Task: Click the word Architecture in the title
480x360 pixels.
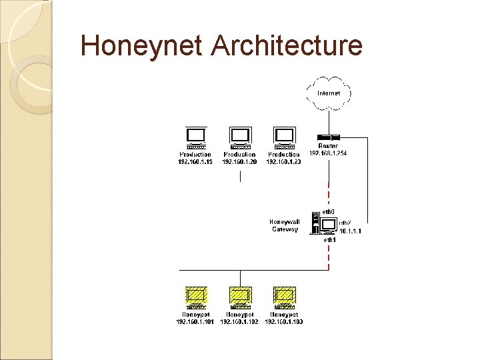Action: [286, 46]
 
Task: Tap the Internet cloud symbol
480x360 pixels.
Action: [329, 93]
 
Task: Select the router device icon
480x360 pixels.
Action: [328, 137]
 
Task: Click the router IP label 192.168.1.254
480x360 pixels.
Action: [328, 153]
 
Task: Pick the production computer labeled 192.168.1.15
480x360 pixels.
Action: [195, 137]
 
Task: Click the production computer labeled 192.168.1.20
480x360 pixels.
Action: [239, 137]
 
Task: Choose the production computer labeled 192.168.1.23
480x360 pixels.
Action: [284, 137]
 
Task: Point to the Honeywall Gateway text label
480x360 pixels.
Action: [285, 225]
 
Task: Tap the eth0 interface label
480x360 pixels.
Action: [329, 212]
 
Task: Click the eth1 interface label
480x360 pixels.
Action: [329, 239]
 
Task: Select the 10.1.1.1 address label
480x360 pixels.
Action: [351, 231]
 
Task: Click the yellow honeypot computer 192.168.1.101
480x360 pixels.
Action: [195, 297]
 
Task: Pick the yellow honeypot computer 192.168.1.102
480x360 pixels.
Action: [239, 297]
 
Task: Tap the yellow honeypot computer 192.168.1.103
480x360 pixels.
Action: [284, 297]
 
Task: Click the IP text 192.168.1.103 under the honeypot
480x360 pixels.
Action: [284, 322]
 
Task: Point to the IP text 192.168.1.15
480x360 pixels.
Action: [195, 162]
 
